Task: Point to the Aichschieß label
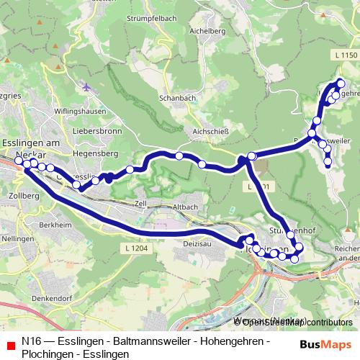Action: click(x=210, y=131)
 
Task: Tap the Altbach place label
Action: click(x=185, y=207)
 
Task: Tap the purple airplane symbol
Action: click(x=87, y=87)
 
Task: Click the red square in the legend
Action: click(x=10, y=346)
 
